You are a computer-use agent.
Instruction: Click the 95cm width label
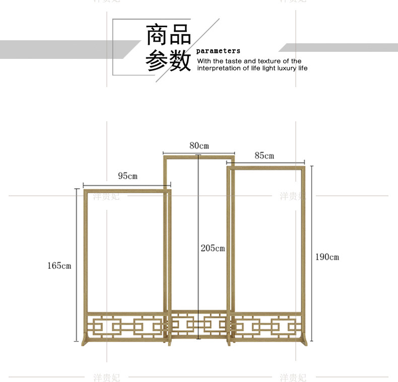[127, 176]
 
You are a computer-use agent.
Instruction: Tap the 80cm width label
[198, 146]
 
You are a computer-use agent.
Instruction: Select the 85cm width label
[264, 156]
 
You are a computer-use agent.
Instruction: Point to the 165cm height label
[59, 266]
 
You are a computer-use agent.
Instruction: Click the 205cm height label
[213, 248]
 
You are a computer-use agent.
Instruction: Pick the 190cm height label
[327, 257]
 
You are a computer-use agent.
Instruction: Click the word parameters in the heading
[218, 51]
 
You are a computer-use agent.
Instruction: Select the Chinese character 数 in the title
[180, 61]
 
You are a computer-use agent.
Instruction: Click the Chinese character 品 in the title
[180, 35]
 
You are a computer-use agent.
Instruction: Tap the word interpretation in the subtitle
[218, 68]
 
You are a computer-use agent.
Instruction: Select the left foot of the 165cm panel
[84, 341]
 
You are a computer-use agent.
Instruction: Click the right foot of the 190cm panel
[304, 341]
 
